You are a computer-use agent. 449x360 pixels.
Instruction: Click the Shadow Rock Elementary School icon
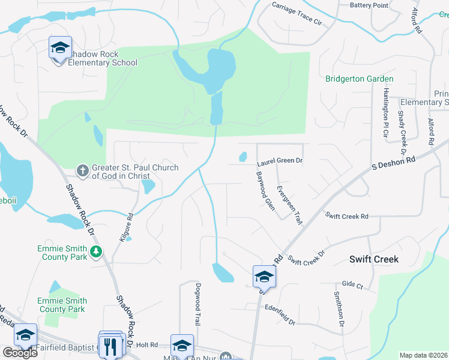[x=60, y=48]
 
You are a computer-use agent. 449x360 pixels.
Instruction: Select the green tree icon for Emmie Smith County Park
[x=96, y=252]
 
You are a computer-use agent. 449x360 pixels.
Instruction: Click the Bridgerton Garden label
[x=360, y=79]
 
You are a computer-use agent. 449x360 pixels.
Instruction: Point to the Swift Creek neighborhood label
[x=374, y=259]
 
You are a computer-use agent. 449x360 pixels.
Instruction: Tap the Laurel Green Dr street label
[x=280, y=161]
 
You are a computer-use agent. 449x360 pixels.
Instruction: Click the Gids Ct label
[x=352, y=284]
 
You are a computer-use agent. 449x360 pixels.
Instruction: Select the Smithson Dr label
[x=339, y=308]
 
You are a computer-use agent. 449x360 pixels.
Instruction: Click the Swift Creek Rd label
[x=346, y=215]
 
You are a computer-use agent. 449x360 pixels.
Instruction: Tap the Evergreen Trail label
[x=289, y=205]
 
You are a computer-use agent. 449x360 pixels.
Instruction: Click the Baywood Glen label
[x=264, y=188]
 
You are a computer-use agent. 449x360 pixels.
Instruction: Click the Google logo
[x=20, y=353]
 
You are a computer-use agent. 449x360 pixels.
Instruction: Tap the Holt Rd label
[x=146, y=344]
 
